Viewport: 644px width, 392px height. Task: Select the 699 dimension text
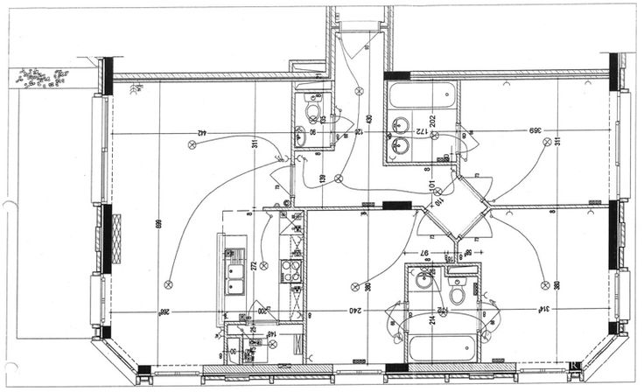[x=158, y=227]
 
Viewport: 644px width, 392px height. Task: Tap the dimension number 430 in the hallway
[x=369, y=118]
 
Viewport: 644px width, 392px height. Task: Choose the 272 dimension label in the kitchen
[x=254, y=265]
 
